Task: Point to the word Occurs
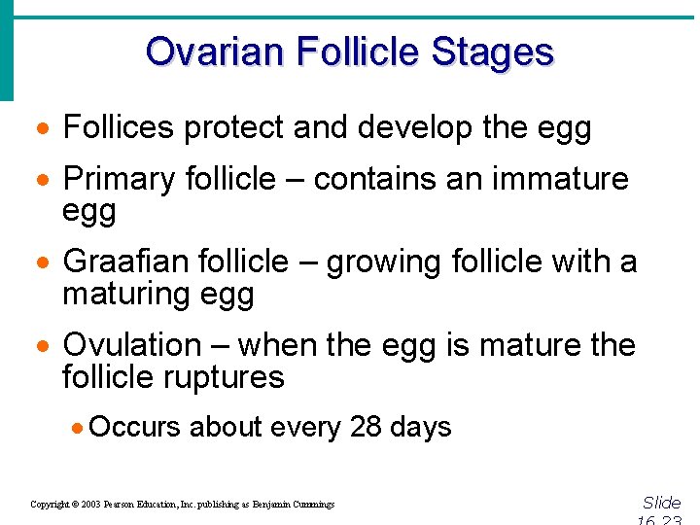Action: click(136, 427)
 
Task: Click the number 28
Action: click(366, 427)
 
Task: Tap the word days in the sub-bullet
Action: click(421, 428)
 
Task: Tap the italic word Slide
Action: click(661, 503)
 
